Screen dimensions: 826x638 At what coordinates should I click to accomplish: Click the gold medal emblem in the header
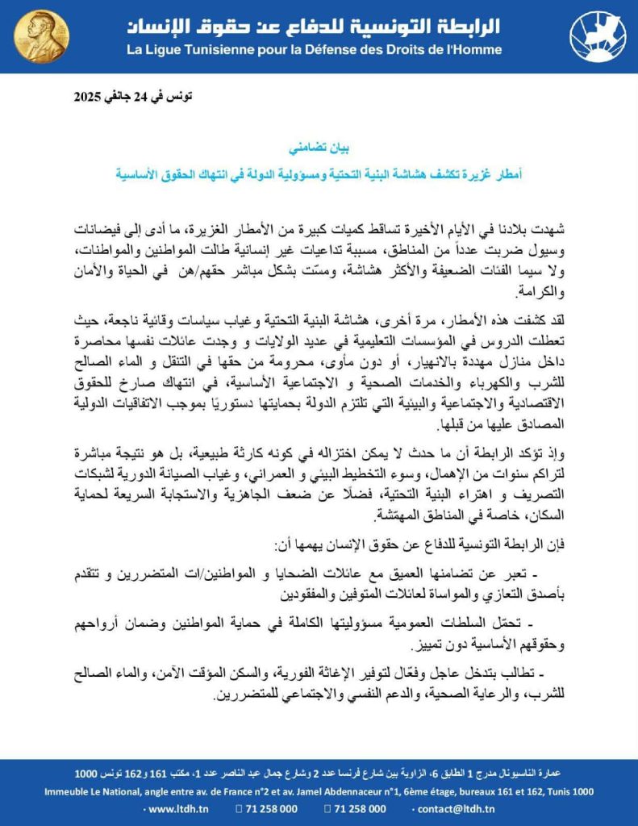[42, 37]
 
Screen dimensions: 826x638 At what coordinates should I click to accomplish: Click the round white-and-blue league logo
[598, 37]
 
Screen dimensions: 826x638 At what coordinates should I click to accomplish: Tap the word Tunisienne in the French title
[223, 50]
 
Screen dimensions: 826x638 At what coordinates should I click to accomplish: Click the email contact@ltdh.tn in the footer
[457, 809]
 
